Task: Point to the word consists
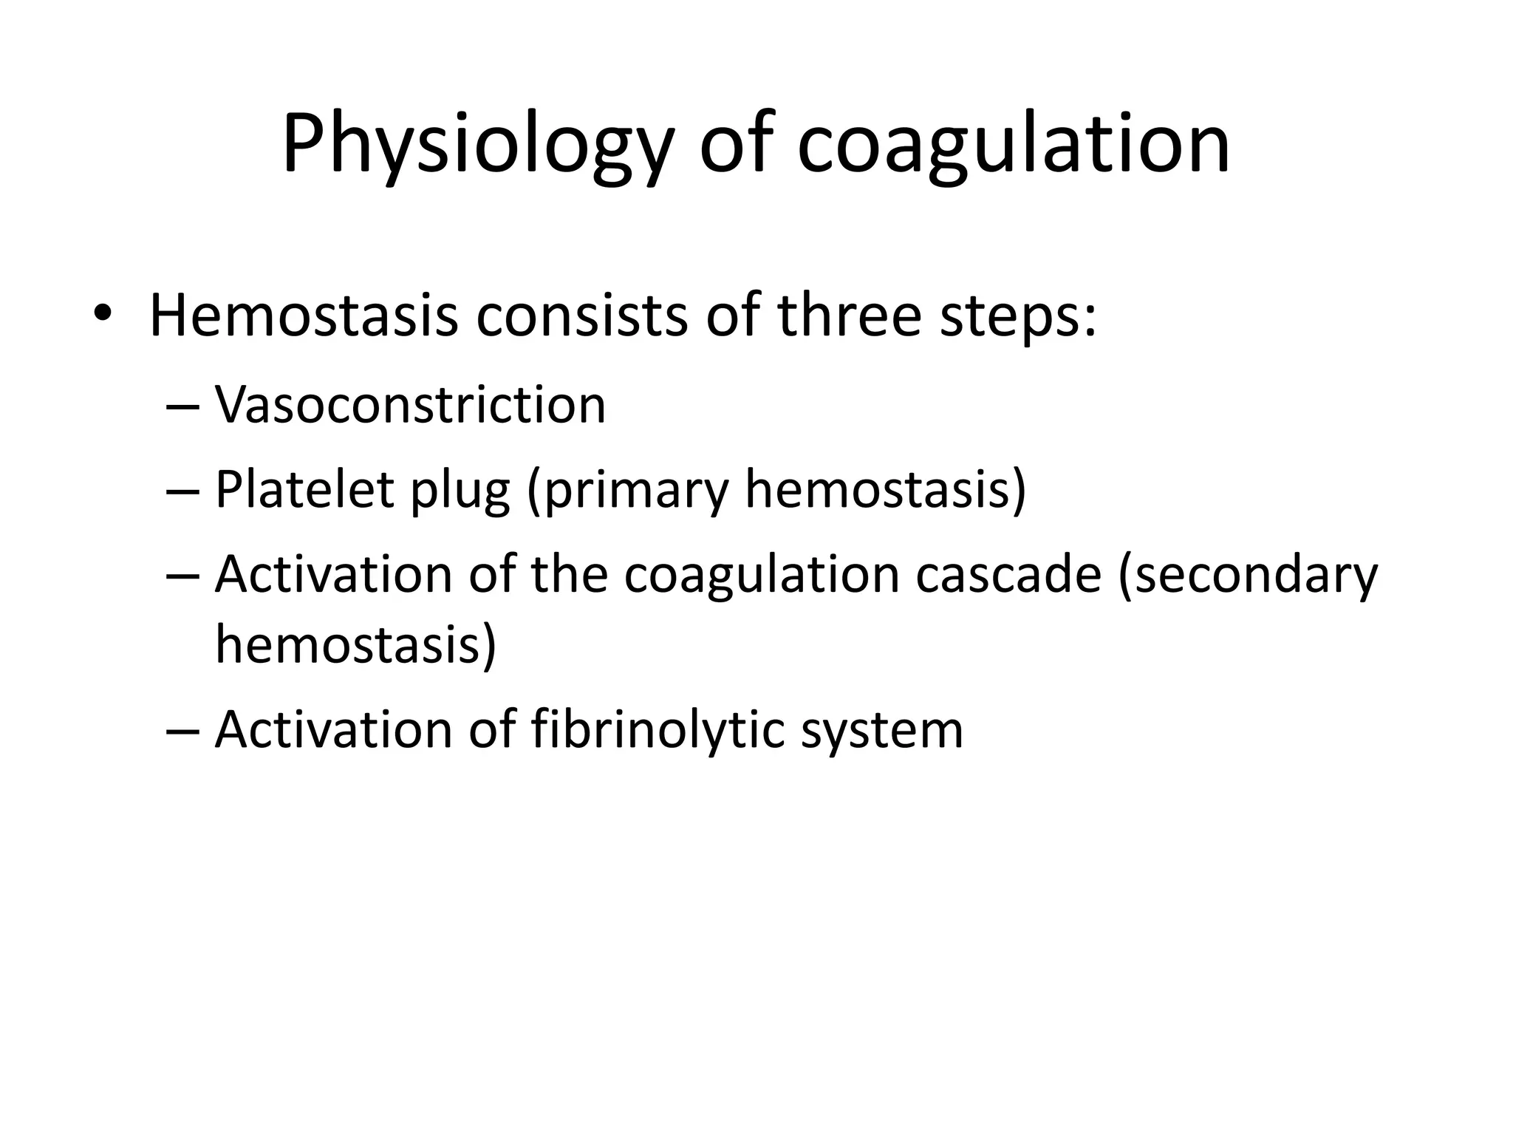[x=581, y=316]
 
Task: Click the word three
[x=849, y=316]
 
